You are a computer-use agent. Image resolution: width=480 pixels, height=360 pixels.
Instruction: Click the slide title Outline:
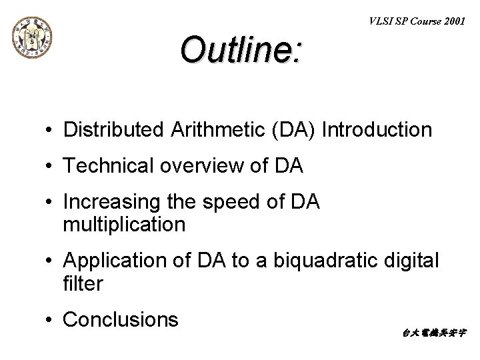click(x=241, y=50)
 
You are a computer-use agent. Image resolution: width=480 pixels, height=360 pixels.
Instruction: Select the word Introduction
click(x=377, y=130)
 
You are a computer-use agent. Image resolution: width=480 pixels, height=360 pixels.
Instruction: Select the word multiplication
click(x=124, y=225)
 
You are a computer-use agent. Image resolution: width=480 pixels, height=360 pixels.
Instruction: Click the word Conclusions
click(x=120, y=319)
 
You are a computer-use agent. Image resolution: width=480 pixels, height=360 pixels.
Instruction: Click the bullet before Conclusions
click(x=50, y=320)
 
